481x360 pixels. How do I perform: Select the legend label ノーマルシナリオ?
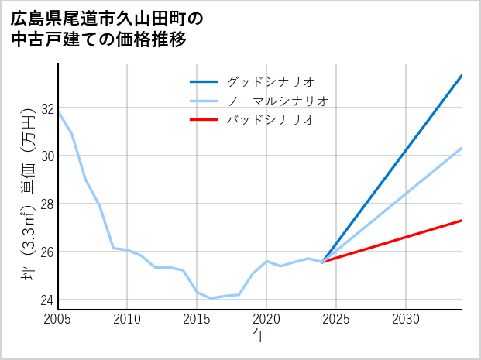pyautogui.click(x=277, y=101)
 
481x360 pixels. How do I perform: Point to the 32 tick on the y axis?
pyautogui.click(x=48, y=108)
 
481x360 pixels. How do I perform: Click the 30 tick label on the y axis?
pyautogui.click(x=48, y=156)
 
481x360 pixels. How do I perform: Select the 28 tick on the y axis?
pyautogui.click(x=48, y=204)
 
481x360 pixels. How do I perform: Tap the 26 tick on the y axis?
pyautogui.click(x=48, y=252)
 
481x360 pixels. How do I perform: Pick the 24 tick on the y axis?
pyautogui.click(x=48, y=300)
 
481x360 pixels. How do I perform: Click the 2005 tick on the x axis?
pyautogui.click(x=58, y=319)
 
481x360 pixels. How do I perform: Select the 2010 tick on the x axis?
pyautogui.click(x=128, y=319)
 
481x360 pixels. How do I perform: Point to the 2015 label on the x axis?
pyautogui.click(x=198, y=319)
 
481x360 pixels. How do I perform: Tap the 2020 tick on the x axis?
pyautogui.click(x=266, y=319)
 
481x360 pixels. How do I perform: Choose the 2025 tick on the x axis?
pyautogui.click(x=336, y=319)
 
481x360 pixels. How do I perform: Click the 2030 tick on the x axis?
pyautogui.click(x=406, y=319)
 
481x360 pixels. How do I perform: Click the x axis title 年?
pyautogui.click(x=260, y=336)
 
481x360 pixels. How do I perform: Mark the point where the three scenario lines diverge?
pyautogui.click(x=322, y=262)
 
